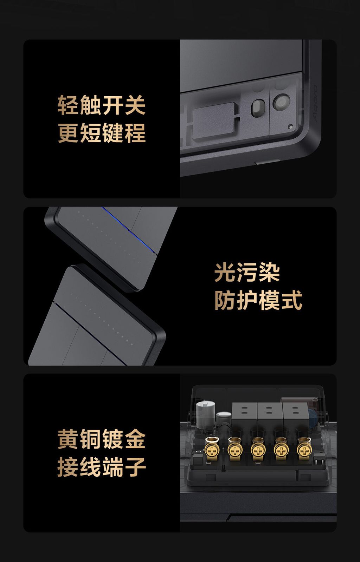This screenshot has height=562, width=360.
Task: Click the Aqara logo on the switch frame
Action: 315,103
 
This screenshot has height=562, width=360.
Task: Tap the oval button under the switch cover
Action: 258,108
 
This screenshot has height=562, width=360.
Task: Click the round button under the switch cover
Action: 281,102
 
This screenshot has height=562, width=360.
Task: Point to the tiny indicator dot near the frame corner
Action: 291,127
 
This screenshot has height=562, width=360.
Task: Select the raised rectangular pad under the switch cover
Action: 216,121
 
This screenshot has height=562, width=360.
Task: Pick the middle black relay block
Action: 270,415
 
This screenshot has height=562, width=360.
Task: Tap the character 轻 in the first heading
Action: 68,105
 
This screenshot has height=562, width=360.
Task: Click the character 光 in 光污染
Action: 225,272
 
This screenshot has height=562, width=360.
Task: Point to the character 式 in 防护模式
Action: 292,300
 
